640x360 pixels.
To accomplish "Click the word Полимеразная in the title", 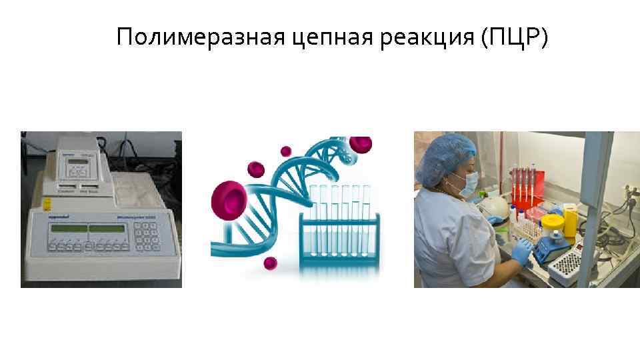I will pyautogui.click(x=201, y=37).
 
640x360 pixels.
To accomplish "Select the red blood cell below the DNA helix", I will pyautogui.click(x=270, y=263).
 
